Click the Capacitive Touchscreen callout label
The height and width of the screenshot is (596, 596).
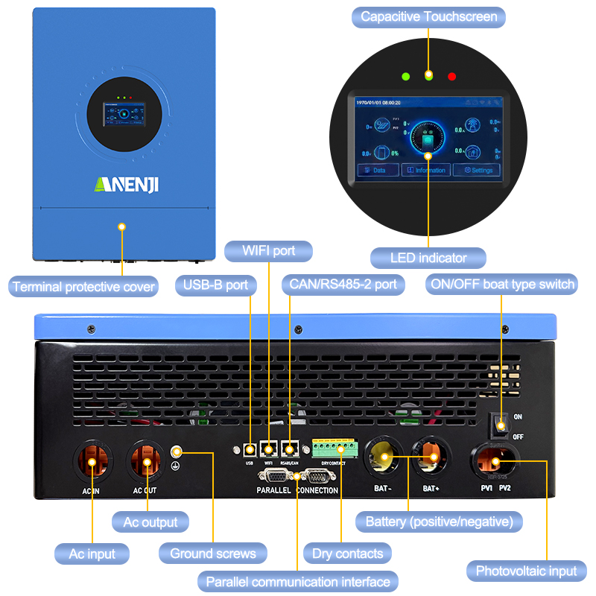pos(428,16)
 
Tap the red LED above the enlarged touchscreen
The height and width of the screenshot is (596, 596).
pos(451,76)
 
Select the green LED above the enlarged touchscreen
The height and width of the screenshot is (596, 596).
pos(405,76)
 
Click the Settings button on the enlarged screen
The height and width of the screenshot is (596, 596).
pos(478,170)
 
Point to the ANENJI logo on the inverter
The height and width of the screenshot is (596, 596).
pos(126,183)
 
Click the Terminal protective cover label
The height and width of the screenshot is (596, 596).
pos(83,286)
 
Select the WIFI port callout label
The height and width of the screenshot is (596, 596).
pos(268,251)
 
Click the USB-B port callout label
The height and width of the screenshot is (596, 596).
pos(216,285)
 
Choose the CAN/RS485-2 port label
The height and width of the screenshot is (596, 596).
pos(343,285)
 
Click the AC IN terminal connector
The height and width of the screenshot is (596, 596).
pos(92,463)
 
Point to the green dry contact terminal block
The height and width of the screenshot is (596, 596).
pos(335,449)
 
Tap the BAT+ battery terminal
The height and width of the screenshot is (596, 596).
pos(431,455)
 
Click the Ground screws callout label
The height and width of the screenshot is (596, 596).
pos(212,553)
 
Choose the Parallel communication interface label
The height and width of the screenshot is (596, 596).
pos(298,581)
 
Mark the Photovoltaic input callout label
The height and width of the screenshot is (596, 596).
pos(527,571)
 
